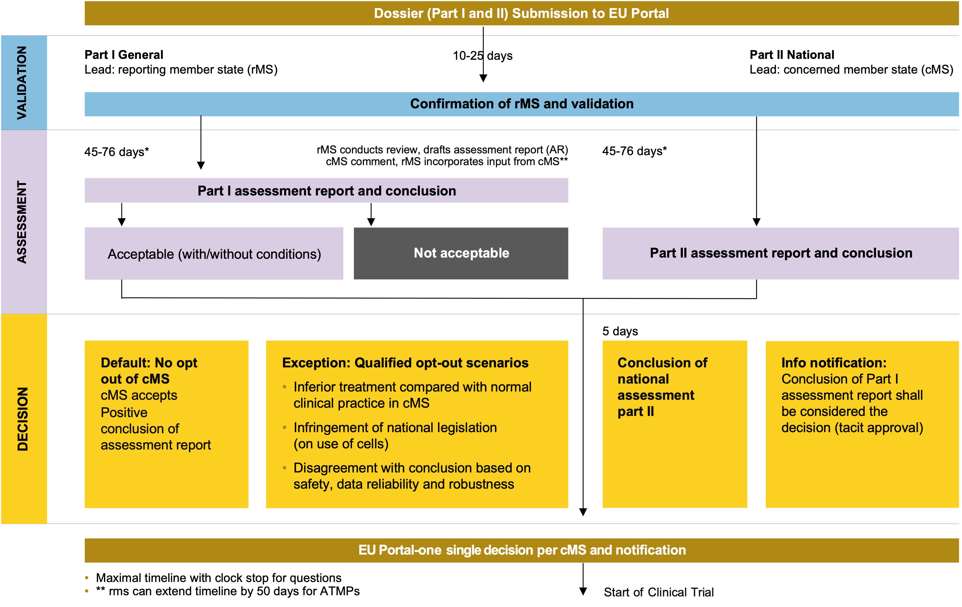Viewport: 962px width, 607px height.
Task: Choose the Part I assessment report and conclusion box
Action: pyautogui.click(x=326, y=190)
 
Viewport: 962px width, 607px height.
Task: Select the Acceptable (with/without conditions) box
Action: pyautogui.click(x=214, y=254)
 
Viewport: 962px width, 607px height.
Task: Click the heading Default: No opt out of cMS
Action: pyautogui.click(x=149, y=371)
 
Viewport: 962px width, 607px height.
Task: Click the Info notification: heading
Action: pyautogui.click(x=833, y=363)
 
